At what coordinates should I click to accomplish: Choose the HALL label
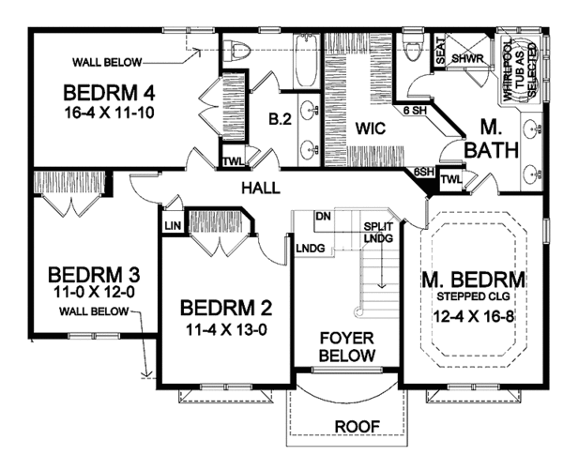pyautogui.click(x=260, y=188)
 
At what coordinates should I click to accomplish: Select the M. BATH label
pyautogui.click(x=495, y=138)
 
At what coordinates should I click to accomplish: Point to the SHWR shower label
pyautogui.click(x=467, y=58)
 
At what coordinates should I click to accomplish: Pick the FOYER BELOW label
pyautogui.click(x=347, y=346)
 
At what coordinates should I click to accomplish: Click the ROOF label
pyautogui.click(x=357, y=427)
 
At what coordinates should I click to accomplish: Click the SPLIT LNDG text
pyautogui.click(x=380, y=233)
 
